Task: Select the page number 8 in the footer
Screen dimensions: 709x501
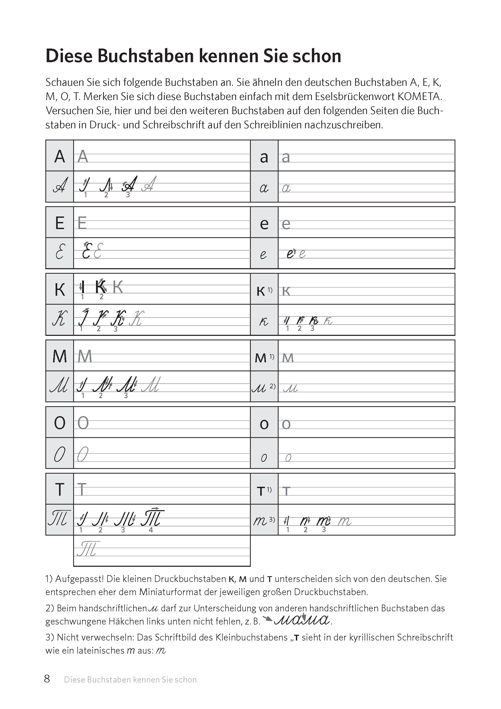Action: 47,679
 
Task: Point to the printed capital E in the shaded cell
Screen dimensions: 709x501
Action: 60,223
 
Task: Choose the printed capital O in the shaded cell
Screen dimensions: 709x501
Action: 60,423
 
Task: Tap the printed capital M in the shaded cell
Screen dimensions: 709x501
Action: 60,356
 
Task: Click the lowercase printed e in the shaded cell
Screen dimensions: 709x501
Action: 264,224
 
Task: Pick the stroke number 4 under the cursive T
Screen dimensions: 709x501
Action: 151,530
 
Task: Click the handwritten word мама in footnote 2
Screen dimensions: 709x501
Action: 302,620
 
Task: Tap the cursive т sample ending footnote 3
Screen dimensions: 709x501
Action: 161,651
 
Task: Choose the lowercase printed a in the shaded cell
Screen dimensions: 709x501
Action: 264,157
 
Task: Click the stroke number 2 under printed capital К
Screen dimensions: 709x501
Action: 101,297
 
